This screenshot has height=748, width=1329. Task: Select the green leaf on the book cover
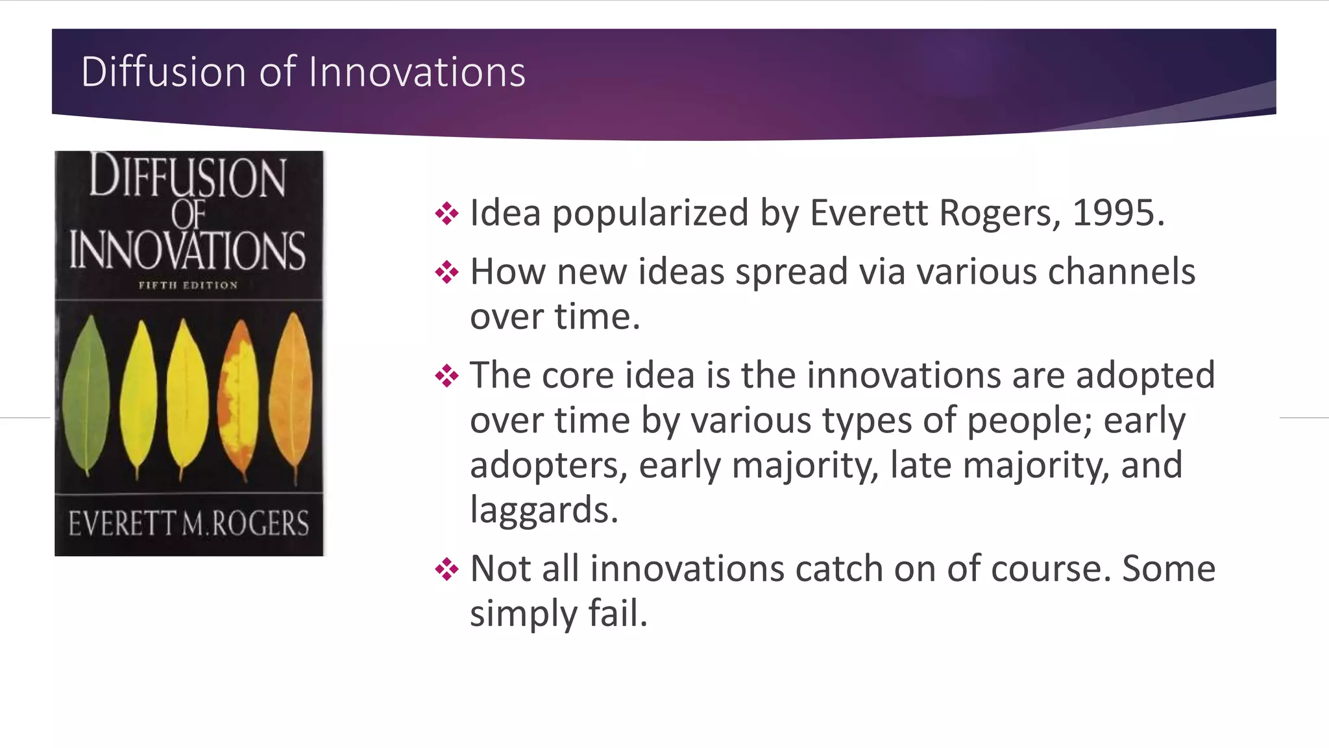coord(87,396)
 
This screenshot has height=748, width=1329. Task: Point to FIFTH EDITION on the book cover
coord(188,285)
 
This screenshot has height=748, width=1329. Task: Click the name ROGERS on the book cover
coord(261,523)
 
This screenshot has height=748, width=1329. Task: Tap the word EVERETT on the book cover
coord(122,523)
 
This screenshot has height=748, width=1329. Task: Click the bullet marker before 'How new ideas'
coord(447,271)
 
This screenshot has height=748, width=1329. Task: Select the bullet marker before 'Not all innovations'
coord(447,569)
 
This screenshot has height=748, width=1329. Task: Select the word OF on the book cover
coord(188,214)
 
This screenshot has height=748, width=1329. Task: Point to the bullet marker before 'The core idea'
coord(447,375)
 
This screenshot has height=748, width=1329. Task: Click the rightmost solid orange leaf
coord(293,396)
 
